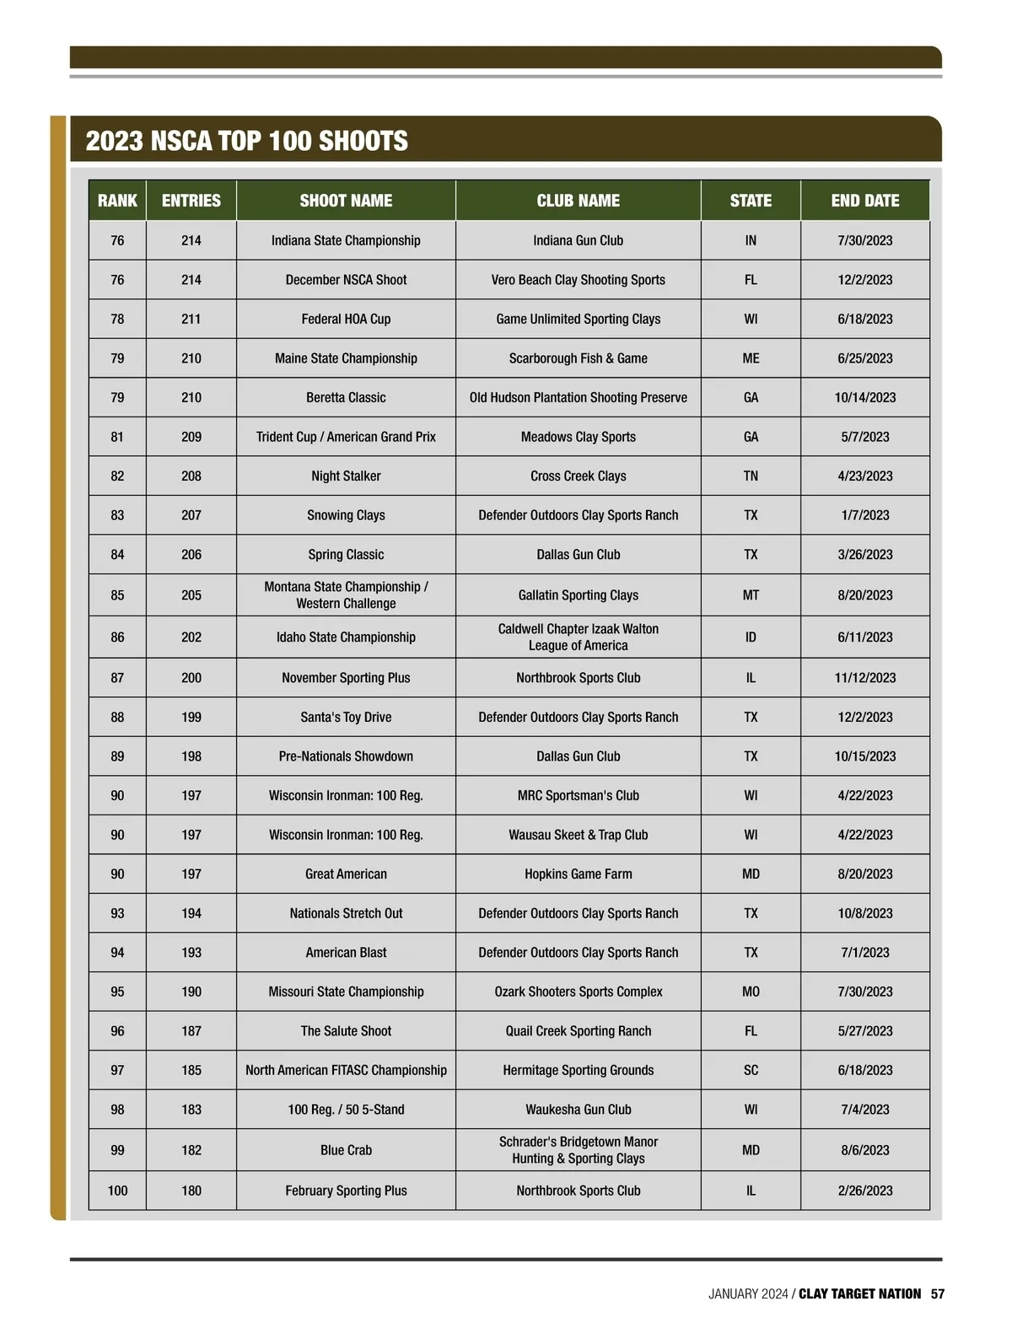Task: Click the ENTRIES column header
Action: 191,201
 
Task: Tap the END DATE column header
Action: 864,201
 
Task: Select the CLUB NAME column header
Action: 578,201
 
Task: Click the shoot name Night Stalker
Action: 346,476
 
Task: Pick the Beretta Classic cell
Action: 346,398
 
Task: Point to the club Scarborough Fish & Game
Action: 578,358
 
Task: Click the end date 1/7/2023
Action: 864,515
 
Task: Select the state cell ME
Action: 751,358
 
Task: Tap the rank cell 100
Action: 117,1191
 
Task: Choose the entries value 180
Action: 191,1191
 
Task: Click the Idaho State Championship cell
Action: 346,637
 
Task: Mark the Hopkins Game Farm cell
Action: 578,874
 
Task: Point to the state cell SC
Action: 751,1070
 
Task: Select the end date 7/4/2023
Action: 864,1110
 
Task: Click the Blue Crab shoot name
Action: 346,1150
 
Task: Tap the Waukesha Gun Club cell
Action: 578,1110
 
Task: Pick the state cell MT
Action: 751,595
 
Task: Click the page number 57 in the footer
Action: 938,1293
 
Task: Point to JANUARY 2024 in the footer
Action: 748,1293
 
